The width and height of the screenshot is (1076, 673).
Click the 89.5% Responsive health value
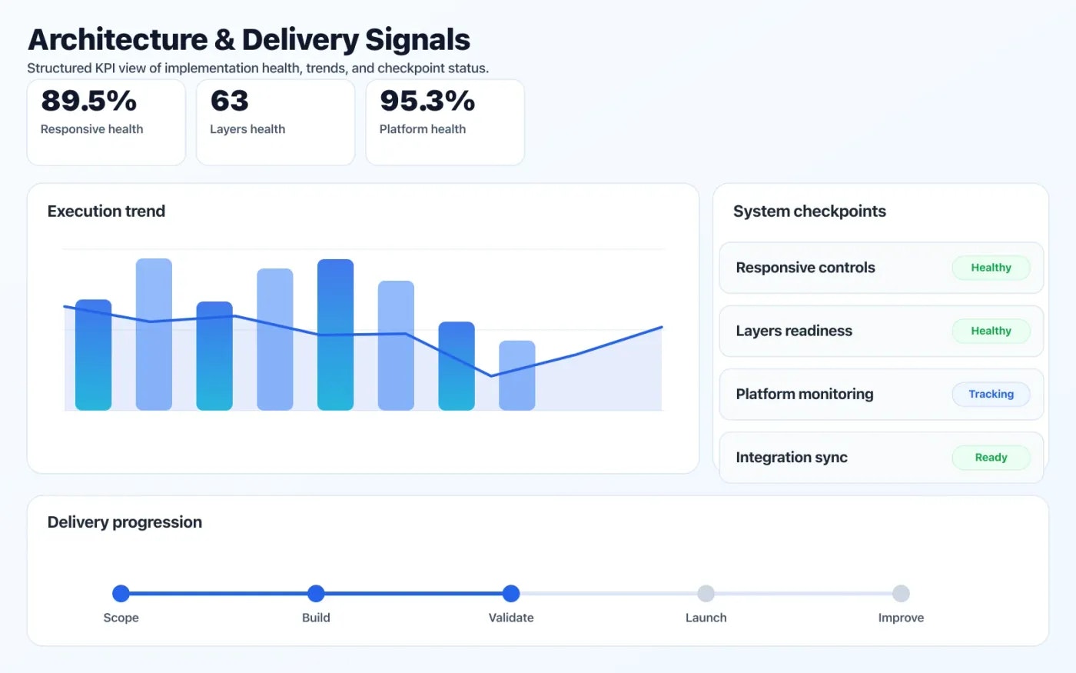coord(88,101)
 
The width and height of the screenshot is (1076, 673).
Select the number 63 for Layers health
coord(229,101)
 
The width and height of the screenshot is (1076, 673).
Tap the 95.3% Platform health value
coord(427,101)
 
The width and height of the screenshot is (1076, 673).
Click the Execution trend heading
coord(106,212)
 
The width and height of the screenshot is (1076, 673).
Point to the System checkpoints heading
coord(809,212)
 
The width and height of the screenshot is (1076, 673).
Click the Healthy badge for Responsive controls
coord(991,268)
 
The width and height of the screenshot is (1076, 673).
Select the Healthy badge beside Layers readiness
coord(991,331)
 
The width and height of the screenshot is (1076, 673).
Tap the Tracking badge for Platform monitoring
coord(991,394)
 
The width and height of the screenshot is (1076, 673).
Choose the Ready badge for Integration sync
coord(991,458)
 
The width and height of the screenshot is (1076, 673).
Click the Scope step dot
coord(121,593)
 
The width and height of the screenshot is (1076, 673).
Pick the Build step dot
coord(316,593)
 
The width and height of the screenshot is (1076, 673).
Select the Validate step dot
coord(511,593)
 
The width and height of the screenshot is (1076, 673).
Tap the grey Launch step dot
coord(706,593)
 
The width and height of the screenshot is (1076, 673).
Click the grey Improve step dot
coord(901,593)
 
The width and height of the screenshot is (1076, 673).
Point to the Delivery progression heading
coord(125,522)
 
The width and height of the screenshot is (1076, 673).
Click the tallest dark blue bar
coord(335,335)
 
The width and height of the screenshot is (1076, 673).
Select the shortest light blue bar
coord(516,375)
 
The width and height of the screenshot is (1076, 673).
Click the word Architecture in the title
coord(118,40)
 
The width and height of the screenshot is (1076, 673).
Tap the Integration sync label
coord(791,458)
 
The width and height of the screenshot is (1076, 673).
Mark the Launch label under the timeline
coord(706,618)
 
